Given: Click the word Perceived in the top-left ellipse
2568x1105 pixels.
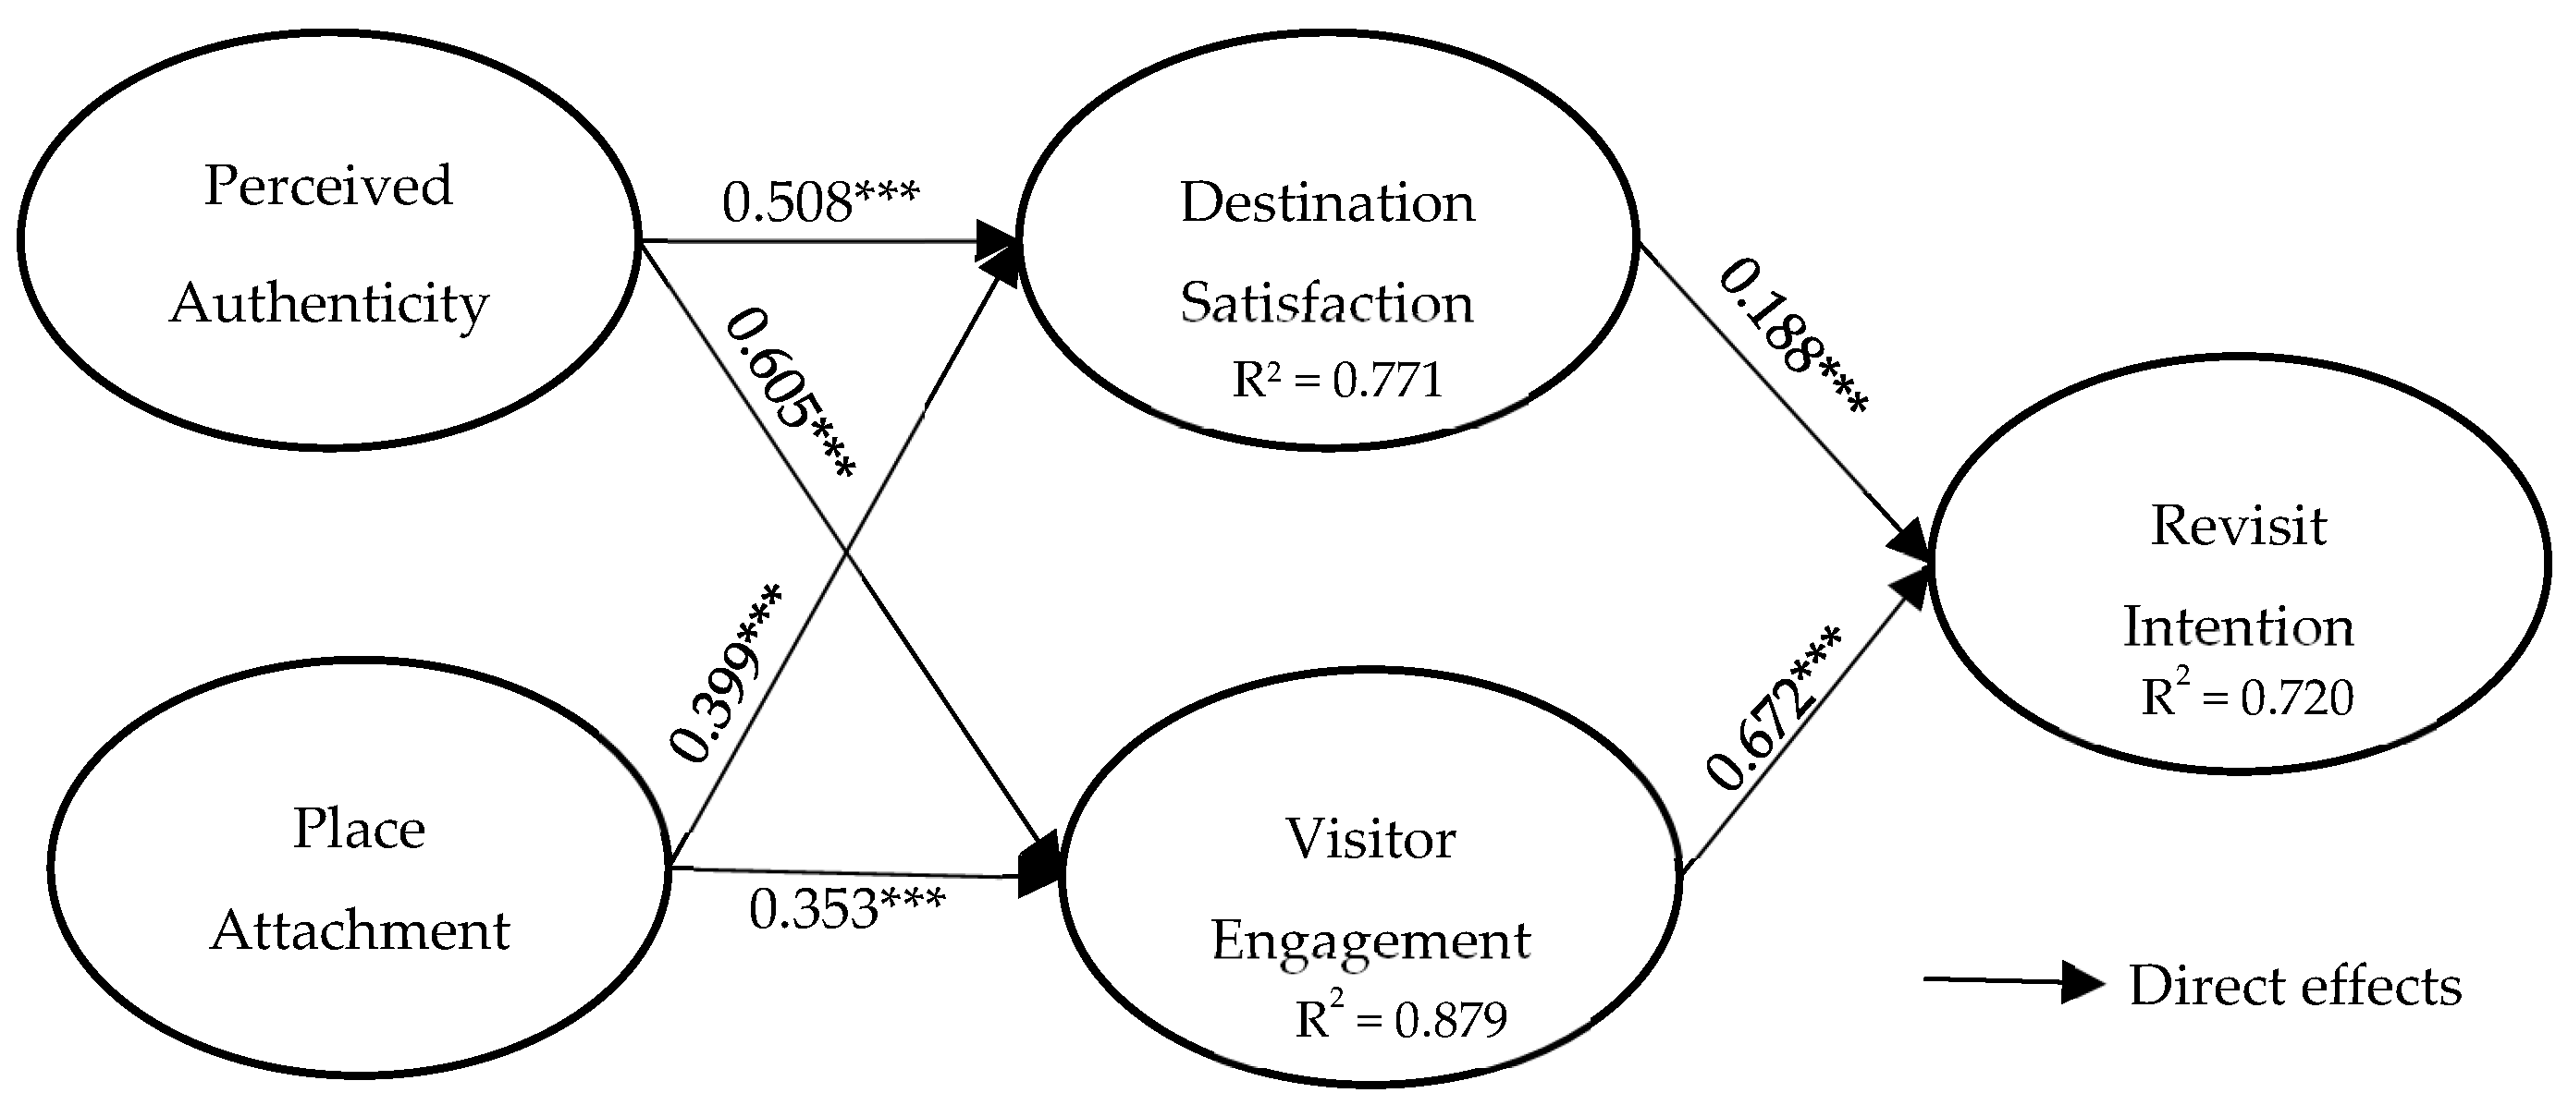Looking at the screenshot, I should click(328, 186).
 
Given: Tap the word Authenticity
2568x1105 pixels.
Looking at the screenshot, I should click(329, 303).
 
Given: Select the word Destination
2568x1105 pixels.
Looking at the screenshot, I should click(1327, 203).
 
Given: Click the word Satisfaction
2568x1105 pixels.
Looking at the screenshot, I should click(1327, 303).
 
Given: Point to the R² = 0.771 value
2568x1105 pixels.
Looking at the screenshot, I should click(1338, 381).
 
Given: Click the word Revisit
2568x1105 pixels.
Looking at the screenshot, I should click(2238, 526).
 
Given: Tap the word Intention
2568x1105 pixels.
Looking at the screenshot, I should click(2238, 627).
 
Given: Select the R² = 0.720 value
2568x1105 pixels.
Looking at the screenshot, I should click(2247, 697).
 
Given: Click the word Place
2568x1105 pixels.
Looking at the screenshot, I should click(359, 829).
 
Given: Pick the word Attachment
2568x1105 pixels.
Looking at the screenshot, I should click(360, 930).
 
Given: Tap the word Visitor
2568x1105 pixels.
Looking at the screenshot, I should click(1370, 839).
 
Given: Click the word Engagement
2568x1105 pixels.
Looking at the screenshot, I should click(1370, 941).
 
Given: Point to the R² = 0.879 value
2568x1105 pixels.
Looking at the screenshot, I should click(1401, 1018).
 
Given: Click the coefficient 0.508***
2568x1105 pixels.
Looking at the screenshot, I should click(819, 203).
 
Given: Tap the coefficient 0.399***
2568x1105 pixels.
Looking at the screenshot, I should click(726, 674).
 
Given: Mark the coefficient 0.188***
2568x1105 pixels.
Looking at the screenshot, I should click(1792, 337).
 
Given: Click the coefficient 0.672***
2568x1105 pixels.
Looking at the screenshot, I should click(1773, 708).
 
